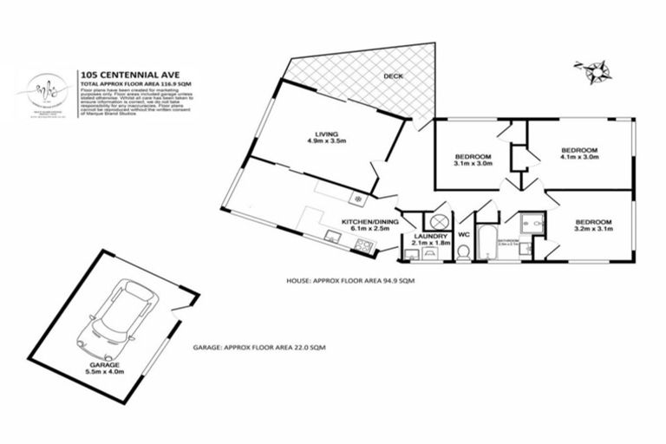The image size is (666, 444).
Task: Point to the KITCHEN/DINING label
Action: pyautogui.click(x=369, y=225)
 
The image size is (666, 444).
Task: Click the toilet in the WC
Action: pyautogui.click(x=463, y=251)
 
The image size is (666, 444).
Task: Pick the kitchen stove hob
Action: pyautogui.click(x=364, y=247)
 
